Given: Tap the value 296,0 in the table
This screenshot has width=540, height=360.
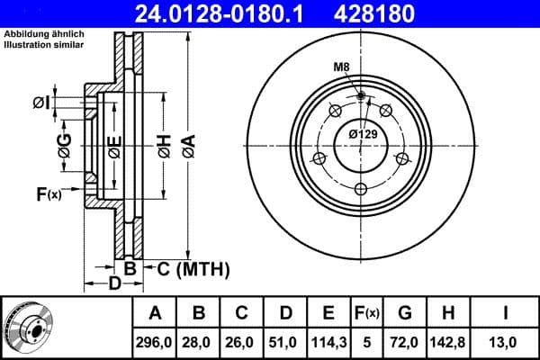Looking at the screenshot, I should pyautogui.click(x=156, y=343).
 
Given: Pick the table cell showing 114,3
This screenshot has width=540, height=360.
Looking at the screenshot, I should pyautogui.click(x=328, y=343).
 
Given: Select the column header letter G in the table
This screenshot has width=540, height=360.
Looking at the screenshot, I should pyautogui.click(x=404, y=313).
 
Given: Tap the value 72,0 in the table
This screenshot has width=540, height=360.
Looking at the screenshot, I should pyautogui.click(x=404, y=343).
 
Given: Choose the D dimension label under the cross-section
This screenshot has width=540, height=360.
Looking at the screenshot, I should pyautogui.click(x=114, y=285).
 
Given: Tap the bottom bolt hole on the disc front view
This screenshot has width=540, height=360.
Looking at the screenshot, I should pyautogui.click(x=361, y=188).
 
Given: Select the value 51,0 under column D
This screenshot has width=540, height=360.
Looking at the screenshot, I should pyautogui.click(x=285, y=343).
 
